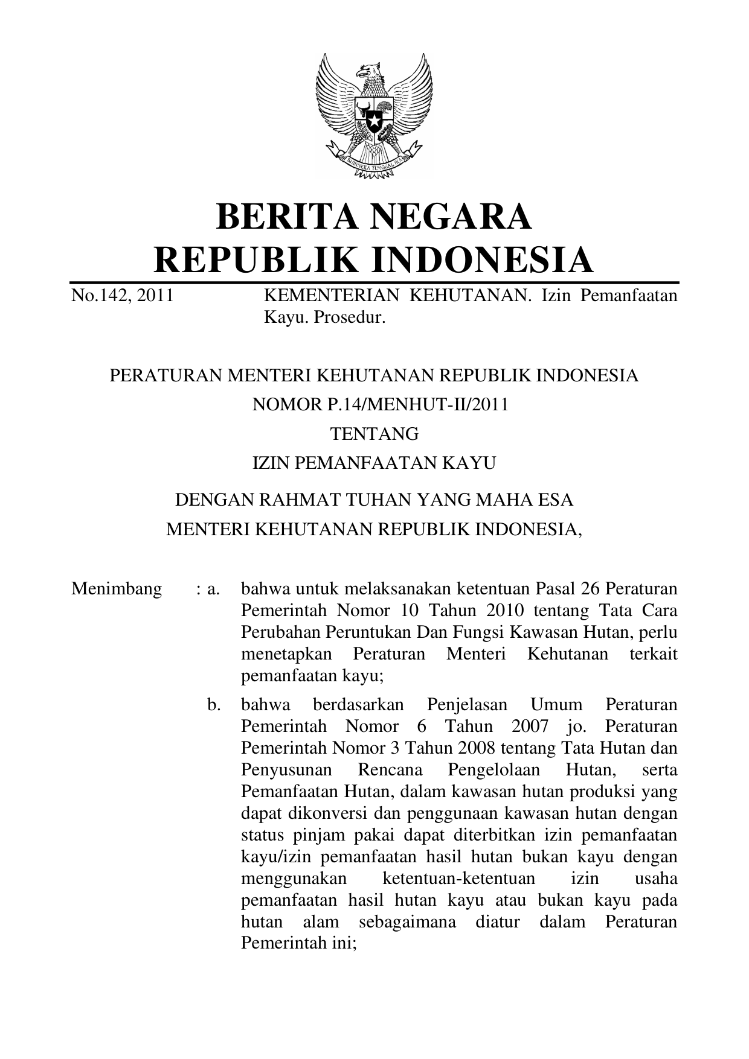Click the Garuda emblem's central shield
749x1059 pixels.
374,115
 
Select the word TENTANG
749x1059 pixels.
374,434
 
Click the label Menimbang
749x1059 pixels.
117,588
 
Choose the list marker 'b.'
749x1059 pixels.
214,704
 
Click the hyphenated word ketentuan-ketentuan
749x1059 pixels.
459,878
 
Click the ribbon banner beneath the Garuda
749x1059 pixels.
373,160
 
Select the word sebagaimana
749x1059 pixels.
408,921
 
